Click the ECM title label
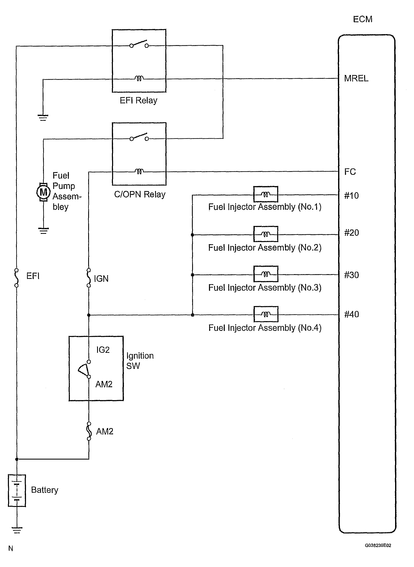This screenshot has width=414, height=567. tap(362, 19)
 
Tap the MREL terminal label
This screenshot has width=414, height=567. tap(356, 78)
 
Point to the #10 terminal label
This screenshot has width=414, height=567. tap(351, 195)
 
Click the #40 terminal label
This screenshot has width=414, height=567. tap(351, 314)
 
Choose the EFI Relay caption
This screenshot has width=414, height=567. tap(138, 100)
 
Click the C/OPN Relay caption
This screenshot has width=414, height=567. tap(140, 194)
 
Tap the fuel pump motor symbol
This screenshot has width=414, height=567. tap(43, 192)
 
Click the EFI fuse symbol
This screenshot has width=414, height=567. tap(17, 278)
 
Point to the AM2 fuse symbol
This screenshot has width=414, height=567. tap(89, 431)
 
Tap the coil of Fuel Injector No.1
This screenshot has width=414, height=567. tap(266, 194)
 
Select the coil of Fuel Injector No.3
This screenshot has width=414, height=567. tap(266, 274)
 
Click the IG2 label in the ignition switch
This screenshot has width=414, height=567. tap(103, 350)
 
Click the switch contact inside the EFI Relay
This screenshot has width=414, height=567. tap(139, 44)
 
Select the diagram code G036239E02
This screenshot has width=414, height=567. tap(378, 545)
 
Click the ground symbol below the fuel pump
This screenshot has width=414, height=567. tap(43, 231)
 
